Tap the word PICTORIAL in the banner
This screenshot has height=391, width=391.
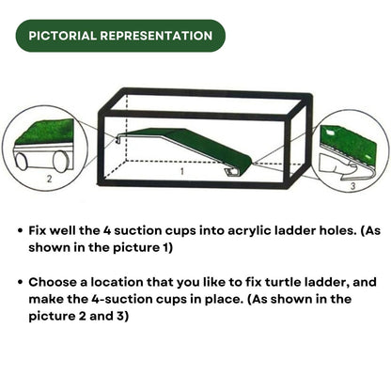pyautogui.click(x=63, y=36)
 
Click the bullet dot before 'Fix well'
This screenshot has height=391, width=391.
pyautogui.click(x=21, y=228)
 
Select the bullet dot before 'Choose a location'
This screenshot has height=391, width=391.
pyautogui.click(x=21, y=281)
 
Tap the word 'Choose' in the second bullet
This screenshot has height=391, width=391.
pyautogui.click(x=55, y=281)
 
